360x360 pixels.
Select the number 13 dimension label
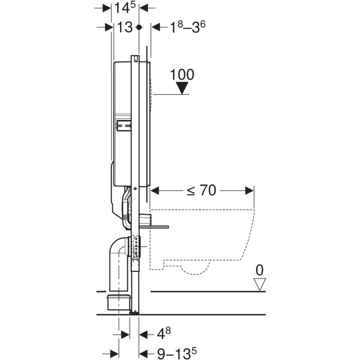pyautogui.click(x=125, y=27)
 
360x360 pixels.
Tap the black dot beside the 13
pyautogui.click(x=139, y=27)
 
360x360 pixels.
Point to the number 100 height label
pyautogui.click(x=182, y=75)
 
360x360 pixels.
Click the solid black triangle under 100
pyautogui.click(x=182, y=88)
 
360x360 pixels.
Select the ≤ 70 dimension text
pyautogui.click(x=201, y=190)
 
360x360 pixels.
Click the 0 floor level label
pyautogui.click(x=259, y=270)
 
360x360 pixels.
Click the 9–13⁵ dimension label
pyautogui.click(x=177, y=353)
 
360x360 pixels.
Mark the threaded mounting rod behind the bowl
pyautogui.click(x=154, y=227)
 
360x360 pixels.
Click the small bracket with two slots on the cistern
pyautogui.click(x=124, y=126)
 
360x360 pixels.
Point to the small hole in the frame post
pyautogui.click(x=135, y=189)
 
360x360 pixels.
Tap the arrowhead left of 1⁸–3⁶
pyautogui.click(x=156, y=27)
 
